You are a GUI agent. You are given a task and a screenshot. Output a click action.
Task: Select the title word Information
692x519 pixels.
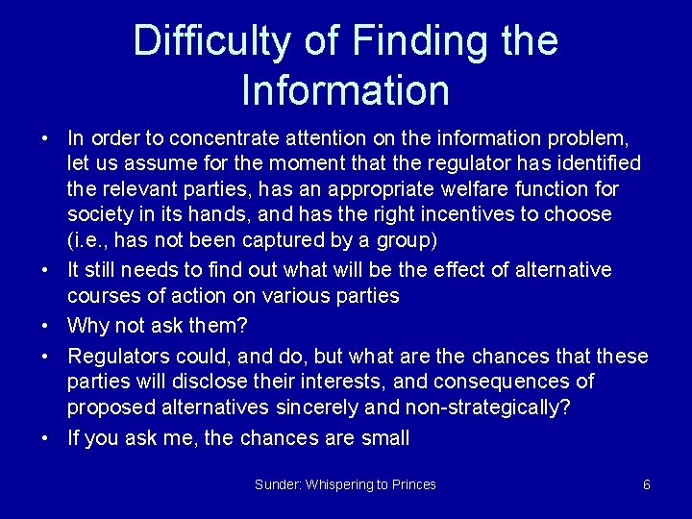(x=346, y=90)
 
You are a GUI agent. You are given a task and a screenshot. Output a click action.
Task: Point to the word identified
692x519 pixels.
(x=595, y=163)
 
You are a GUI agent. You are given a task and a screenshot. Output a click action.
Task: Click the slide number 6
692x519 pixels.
(x=647, y=484)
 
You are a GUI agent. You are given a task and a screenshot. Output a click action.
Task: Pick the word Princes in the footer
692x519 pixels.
(x=414, y=484)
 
